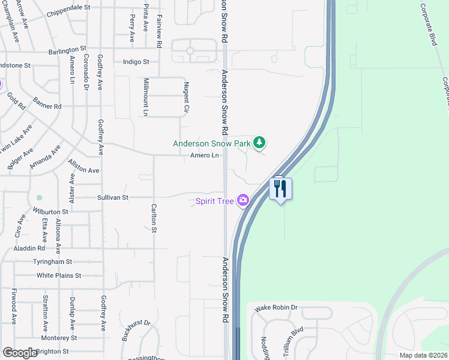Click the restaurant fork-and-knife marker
pyautogui.click(x=280, y=189)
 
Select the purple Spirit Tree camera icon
pyautogui.click(x=243, y=200)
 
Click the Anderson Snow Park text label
pyautogui.click(x=212, y=143)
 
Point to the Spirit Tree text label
pyautogui.click(x=214, y=201)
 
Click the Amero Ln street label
pyautogui.click(x=205, y=156)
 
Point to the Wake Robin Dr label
pyautogui.click(x=276, y=308)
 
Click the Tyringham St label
pyautogui.click(x=53, y=262)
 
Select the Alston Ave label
pyautogui.click(x=83, y=166)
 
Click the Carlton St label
pyautogui.click(x=154, y=218)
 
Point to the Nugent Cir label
pyautogui.click(x=187, y=98)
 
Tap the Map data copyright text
pyautogui.click(x=424, y=355)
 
